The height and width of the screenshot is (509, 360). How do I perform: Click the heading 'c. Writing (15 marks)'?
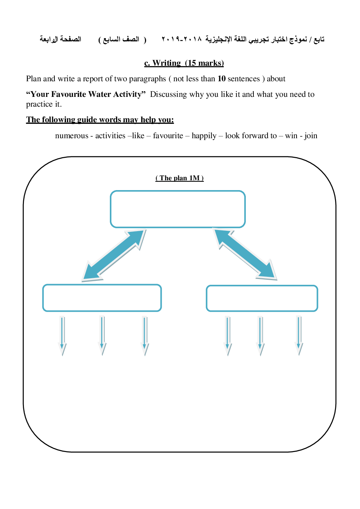pos(184,63)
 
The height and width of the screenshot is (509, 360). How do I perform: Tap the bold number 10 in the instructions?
pos(222,79)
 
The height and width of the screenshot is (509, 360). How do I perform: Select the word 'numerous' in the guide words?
pos(72,136)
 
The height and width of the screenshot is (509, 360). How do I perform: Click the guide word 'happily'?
pos(204,136)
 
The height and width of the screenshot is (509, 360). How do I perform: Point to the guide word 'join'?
pos(311,136)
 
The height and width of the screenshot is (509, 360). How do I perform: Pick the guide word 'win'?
pos(291,136)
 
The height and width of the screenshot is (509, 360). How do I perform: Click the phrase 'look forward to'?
pos(251,136)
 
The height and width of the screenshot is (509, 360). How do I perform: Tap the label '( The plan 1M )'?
pos(179,178)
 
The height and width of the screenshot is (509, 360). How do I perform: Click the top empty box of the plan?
pos(178,209)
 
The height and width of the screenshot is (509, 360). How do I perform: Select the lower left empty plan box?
pos(102,298)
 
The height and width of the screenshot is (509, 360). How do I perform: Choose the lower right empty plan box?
pos(262,298)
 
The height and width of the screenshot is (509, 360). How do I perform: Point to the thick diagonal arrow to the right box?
pos(245,254)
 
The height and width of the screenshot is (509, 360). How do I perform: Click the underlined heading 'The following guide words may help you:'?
pos(100,120)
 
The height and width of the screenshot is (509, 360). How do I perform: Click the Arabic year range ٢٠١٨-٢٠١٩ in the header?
pos(182,39)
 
